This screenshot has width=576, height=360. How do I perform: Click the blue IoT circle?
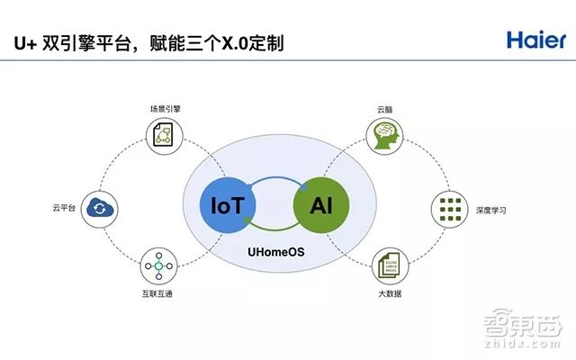pyautogui.click(x=228, y=205)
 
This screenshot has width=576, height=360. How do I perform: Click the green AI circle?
pyautogui.click(x=321, y=205)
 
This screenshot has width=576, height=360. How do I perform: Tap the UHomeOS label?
pyautogui.click(x=276, y=252)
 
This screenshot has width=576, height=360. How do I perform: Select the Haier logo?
pyautogui.click(x=536, y=40)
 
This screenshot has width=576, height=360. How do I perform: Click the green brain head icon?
pyautogui.click(x=384, y=136)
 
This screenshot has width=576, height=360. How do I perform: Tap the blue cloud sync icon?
pyautogui.click(x=100, y=208)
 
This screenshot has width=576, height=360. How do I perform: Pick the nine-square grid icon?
pyautogui.click(x=450, y=210)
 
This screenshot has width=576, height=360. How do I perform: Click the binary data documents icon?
pyautogui.click(x=390, y=265)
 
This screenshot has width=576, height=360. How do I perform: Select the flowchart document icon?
pyautogui.click(x=164, y=136)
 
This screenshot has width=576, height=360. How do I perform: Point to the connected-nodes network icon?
pyautogui.click(x=158, y=266)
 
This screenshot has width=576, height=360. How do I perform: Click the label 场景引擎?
pyautogui.click(x=166, y=109)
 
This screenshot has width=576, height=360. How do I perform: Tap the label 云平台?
pyautogui.click(x=64, y=208)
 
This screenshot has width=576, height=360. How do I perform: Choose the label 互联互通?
pyautogui.click(x=157, y=293)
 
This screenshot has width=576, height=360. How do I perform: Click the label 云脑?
pyautogui.click(x=384, y=110)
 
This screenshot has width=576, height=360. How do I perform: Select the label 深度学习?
pyautogui.click(x=491, y=210)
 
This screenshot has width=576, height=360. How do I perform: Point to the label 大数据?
pyautogui.click(x=390, y=293)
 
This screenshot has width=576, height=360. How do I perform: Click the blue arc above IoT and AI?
pyautogui.click(x=275, y=178)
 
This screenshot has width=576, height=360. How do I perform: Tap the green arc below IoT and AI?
pyautogui.click(x=274, y=229)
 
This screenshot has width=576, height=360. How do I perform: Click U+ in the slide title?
pyautogui.click(x=25, y=43)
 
